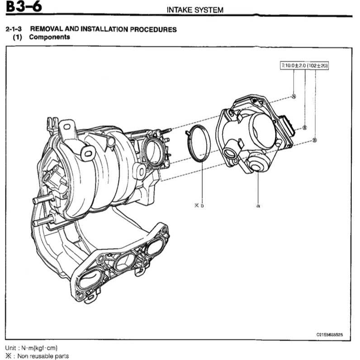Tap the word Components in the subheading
click(x=49, y=37)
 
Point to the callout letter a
click(x=258, y=205)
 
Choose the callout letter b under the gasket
click(x=202, y=205)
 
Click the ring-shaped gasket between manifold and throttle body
click(x=198, y=144)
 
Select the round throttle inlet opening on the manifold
click(x=154, y=152)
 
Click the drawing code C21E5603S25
click(x=332, y=335)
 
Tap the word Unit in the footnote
click(x=12, y=348)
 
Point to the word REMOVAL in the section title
click(x=47, y=29)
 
